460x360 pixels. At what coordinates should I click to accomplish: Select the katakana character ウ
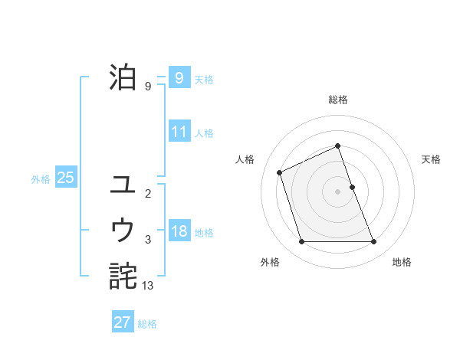click(123, 229)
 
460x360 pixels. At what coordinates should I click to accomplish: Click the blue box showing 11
click(179, 132)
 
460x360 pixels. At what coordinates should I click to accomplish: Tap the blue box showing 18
click(179, 232)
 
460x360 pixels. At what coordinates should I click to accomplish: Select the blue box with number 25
click(65, 178)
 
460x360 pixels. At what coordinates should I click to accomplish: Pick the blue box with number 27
click(123, 322)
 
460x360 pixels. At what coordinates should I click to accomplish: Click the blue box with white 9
click(179, 78)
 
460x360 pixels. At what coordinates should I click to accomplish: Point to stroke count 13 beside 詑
click(148, 285)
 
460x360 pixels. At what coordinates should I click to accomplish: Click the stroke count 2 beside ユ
click(148, 194)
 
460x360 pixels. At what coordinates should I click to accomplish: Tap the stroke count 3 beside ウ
click(148, 240)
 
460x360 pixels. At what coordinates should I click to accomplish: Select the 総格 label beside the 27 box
click(147, 324)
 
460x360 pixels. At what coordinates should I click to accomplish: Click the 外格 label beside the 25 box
click(41, 179)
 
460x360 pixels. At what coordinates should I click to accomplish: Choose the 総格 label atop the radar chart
click(337, 100)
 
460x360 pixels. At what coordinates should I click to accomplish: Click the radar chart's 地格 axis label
click(402, 262)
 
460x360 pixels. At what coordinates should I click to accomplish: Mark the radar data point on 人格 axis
click(280, 172)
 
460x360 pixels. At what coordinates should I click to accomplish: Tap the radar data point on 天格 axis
click(352, 187)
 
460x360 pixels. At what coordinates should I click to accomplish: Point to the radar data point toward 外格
click(301, 242)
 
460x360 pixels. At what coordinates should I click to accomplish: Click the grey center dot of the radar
click(337, 191)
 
